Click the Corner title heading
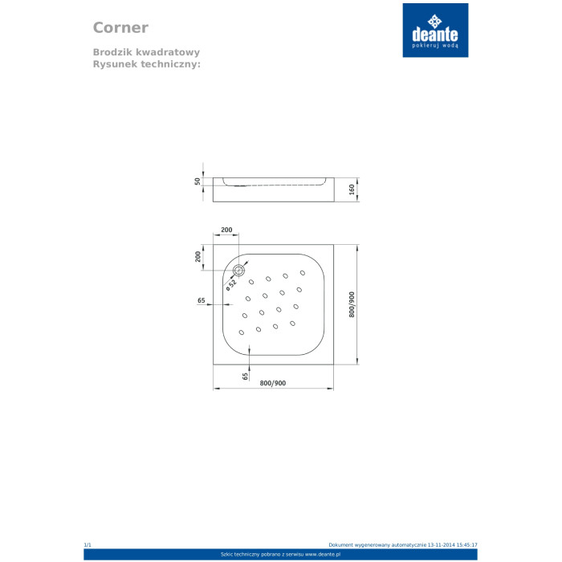pyautogui.click(x=120, y=27)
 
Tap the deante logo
pyautogui.click(x=435, y=31)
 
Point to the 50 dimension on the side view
pyautogui.click(x=198, y=181)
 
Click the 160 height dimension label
pyautogui.click(x=352, y=189)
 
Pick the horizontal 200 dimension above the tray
pyautogui.click(x=226, y=230)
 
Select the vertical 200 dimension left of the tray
pyautogui.click(x=198, y=256)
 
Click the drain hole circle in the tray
pyautogui.click(x=238, y=271)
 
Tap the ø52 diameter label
pyautogui.click(x=231, y=284)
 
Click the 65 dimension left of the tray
pyautogui.click(x=202, y=300)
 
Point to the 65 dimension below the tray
pyautogui.click(x=245, y=377)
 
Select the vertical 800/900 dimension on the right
pyautogui.click(x=352, y=304)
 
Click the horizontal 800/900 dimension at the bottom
pyautogui.click(x=273, y=383)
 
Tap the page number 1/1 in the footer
pyautogui.click(x=88, y=545)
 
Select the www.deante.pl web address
pyautogui.click(x=323, y=555)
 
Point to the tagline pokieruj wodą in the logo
pyautogui.click(x=435, y=46)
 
